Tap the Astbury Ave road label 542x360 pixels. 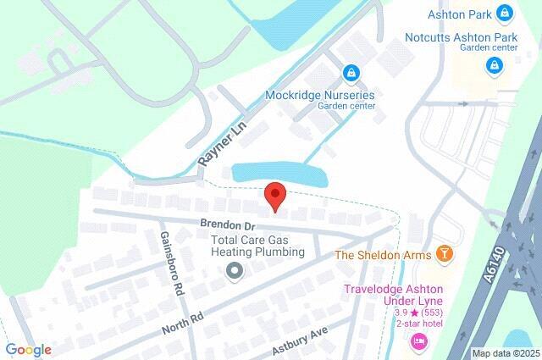(299, 343)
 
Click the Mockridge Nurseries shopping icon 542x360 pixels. (349, 74)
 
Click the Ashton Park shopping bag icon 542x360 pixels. (506, 13)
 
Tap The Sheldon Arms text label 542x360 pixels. (384, 254)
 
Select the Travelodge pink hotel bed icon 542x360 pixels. (418, 341)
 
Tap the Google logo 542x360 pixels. (29, 349)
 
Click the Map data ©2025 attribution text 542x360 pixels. (505, 353)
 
